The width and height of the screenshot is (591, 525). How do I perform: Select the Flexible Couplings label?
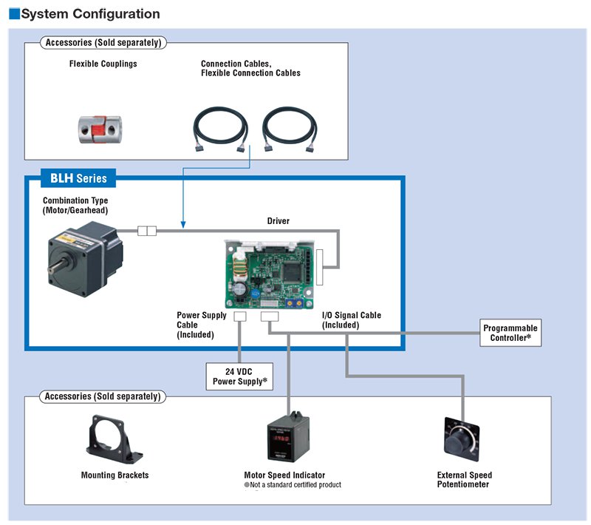point(103,64)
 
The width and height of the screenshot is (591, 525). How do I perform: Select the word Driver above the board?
point(278,221)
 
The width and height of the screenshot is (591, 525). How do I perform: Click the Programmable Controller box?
point(510,333)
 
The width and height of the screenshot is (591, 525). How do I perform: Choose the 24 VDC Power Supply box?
point(239,376)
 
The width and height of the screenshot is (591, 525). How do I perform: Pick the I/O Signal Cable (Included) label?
point(351,320)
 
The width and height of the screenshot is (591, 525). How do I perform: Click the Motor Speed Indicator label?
point(284,475)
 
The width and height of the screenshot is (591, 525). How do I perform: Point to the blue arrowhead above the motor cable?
point(183,223)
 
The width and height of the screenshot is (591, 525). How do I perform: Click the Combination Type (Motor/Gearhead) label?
point(75,206)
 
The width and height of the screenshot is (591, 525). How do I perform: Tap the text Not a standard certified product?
point(295,485)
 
